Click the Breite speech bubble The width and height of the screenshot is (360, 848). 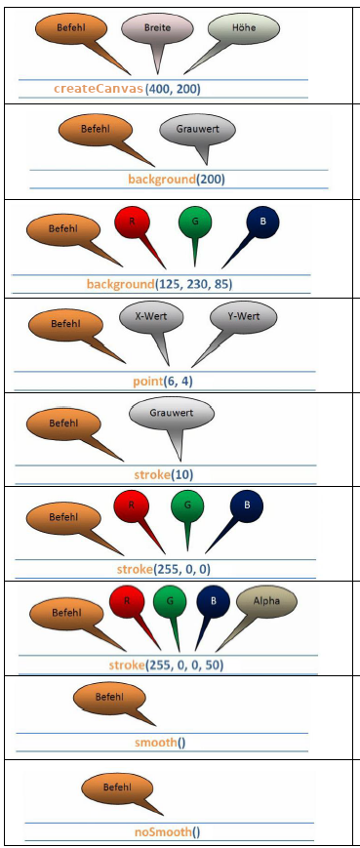(157, 28)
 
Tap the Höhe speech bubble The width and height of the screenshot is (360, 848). (243, 27)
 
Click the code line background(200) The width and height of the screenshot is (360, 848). (177, 179)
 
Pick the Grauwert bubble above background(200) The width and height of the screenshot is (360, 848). (198, 130)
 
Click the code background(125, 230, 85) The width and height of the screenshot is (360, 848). (159, 284)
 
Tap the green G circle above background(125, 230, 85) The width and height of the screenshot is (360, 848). (195, 222)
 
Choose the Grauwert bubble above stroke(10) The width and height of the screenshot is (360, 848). (172, 414)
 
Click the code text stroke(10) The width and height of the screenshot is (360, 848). (163, 475)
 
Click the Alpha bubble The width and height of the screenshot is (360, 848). (266, 602)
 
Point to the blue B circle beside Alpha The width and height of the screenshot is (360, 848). (213, 602)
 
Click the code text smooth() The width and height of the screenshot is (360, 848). (160, 743)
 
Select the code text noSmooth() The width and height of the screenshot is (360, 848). (167, 831)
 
